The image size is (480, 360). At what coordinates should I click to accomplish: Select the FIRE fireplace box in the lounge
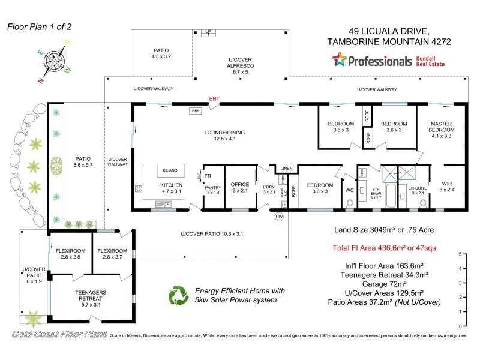[x=194, y=111]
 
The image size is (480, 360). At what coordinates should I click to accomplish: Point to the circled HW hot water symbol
[x=278, y=217]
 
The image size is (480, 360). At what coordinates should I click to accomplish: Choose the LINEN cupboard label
[x=286, y=169]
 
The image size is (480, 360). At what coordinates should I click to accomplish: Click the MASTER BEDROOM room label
[x=441, y=128]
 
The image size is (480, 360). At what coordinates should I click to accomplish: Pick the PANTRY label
[x=214, y=189]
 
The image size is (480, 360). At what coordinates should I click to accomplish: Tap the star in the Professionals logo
[x=340, y=60]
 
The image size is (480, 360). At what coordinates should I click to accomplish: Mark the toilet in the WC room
[x=349, y=203]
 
